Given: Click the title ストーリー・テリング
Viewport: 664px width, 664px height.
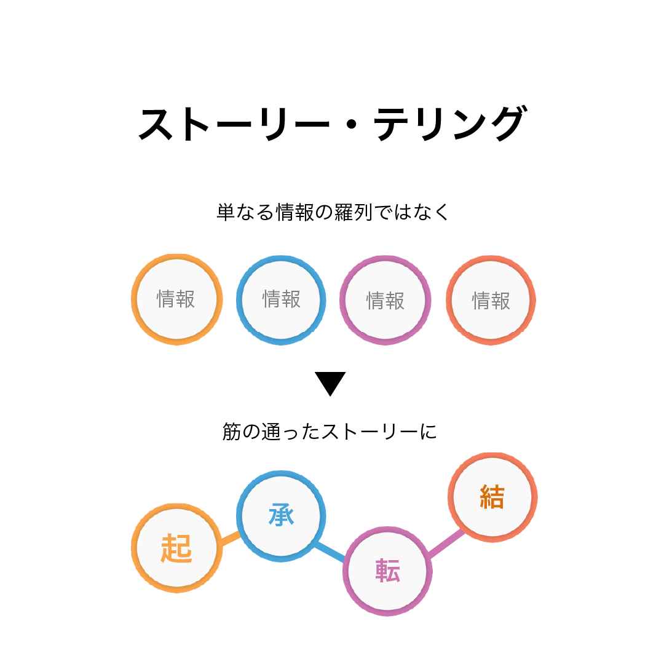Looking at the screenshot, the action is [333, 123].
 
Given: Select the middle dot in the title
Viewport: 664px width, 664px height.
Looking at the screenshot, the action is [351, 124].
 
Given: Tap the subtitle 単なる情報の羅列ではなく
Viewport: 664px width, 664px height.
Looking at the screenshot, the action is [333, 212].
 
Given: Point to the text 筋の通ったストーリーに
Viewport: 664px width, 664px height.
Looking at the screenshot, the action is [330, 432].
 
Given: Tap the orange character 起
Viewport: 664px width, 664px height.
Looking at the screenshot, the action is [176, 548].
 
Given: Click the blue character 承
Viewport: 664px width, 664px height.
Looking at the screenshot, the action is [281, 515].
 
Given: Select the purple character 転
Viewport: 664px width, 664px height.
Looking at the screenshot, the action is [387, 571].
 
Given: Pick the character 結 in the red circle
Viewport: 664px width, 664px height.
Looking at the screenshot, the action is [492, 496].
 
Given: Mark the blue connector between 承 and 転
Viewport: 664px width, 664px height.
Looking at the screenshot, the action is [330, 551].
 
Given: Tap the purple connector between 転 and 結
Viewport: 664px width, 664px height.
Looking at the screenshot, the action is [446, 542].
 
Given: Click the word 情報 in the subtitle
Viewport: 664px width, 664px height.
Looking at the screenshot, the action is [295, 212].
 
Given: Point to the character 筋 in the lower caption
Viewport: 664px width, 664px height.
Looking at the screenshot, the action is [232, 432].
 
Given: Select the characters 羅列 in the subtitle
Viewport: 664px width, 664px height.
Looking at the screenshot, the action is [353, 212].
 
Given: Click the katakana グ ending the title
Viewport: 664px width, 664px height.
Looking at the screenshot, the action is [510, 123].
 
